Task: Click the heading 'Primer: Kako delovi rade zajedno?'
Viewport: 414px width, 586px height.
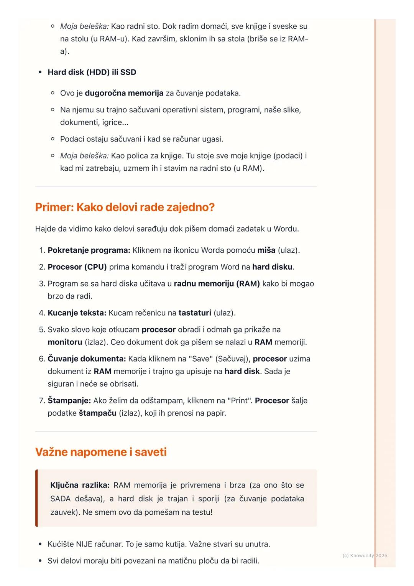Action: [x=125, y=207]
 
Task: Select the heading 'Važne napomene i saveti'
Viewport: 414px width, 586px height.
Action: [x=101, y=452]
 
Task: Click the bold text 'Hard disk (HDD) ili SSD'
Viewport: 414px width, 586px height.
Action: [x=92, y=72]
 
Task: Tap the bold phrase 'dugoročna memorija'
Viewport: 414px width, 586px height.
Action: [x=124, y=93]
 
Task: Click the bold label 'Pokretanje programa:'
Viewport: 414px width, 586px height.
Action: [x=89, y=250]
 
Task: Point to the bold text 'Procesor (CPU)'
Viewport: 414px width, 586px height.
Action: [x=77, y=267]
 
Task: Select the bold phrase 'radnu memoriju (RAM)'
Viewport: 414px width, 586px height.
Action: [x=217, y=283]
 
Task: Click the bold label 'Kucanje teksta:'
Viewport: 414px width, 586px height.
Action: [x=77, y=313]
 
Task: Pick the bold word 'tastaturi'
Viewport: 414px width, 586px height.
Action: [x=195, y=313]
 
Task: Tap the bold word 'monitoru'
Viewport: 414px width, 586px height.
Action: [x=65, y=342]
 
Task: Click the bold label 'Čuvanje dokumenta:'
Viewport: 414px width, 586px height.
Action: [x=87, y=359]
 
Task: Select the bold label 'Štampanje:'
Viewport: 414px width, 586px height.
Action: [x=69, y=400]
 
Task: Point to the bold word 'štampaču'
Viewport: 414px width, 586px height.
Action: [x=97, y=413]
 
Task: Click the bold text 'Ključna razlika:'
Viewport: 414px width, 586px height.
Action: [x=80, y=485]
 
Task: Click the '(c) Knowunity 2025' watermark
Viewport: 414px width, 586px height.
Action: [x=365, y=555]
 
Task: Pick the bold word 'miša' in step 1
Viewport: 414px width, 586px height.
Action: [x=266, y=250]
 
